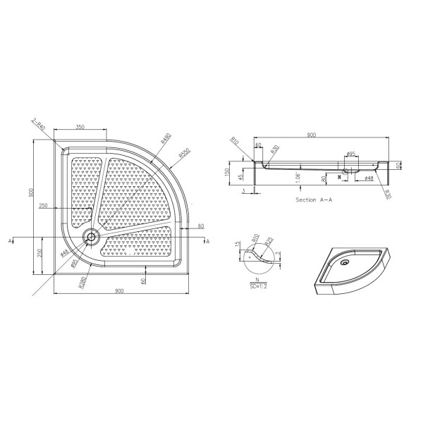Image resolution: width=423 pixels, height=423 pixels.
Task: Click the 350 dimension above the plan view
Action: [80, 126]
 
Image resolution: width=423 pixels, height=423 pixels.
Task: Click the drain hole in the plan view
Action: [90, 237]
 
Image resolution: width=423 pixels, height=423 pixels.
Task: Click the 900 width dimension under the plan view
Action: [118, 292]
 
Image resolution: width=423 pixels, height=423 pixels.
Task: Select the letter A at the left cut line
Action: [12, 241]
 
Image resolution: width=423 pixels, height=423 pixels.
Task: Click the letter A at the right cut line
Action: [207, 241]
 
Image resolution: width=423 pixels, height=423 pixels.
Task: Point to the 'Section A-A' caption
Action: [314, 200]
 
